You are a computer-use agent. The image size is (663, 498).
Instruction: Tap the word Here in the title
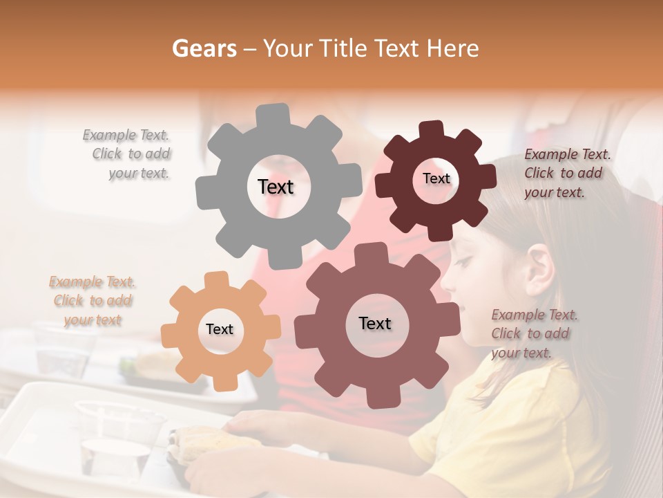point(452,48)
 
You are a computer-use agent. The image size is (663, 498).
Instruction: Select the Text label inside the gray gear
point(276,187)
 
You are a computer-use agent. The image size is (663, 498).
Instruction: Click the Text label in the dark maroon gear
point(436,178)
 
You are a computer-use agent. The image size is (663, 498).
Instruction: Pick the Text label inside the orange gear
point(220,330)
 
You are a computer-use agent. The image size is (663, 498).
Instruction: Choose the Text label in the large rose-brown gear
point(375,324)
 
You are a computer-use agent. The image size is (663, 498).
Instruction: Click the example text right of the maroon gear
point(566,174)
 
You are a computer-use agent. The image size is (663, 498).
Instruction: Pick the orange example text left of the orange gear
point(93,301)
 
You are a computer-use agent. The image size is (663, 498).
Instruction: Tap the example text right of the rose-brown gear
point(533,333)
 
